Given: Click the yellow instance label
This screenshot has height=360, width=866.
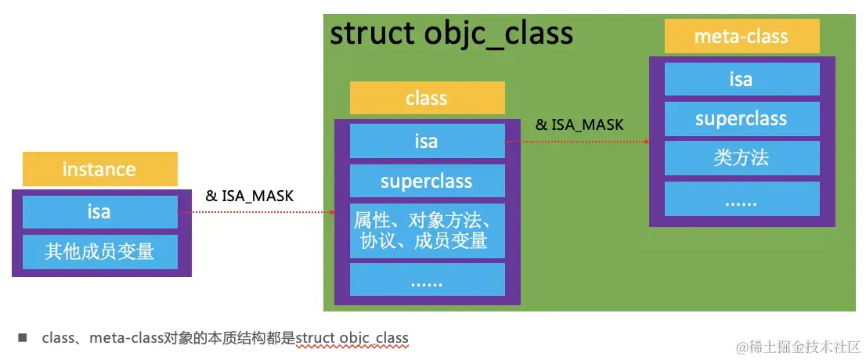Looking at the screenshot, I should pyautogui.click(x=99, y=169).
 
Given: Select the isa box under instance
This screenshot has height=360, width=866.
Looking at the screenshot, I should pyautogui.click(x=99, y=212).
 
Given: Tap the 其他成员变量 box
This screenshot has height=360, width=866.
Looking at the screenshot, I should pyautogui.click(x=99, y=251).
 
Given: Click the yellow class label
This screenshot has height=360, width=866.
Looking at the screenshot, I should pyautogui.click(x=427, y=98).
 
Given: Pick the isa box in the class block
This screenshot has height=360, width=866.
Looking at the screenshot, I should pyautogui.click(x=427, y=142).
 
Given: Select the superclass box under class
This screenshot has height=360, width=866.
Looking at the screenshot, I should pyautogui.click(x=427, y=182).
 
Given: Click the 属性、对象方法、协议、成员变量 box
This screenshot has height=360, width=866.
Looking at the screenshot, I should pyautogui.click(x=427, y=230).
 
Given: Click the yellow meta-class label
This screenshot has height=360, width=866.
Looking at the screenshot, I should pyautogui.click(x=742, y=37).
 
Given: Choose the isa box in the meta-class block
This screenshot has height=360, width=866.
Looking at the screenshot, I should pyautogui.click(x=742, y=79).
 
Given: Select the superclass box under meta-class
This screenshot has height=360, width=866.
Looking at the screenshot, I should pyautogui.click(x=742, y=119).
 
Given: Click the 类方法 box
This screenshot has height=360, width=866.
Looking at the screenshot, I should pyautogui.click(x=742, y=158).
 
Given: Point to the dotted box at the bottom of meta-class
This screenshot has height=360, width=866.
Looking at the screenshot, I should pyautogui.click(x=742, y=200).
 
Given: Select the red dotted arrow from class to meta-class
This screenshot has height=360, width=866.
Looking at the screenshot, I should pyautogui.click(x=576, y=142).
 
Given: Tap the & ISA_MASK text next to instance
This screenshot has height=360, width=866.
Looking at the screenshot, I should pyautogui.click(x=249, y=196).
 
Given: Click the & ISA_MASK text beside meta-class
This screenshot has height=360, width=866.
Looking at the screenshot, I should pyautogui.click(x=579, y=124).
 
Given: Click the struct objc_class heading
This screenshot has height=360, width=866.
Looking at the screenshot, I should pyautogui.click(x=452, y=34).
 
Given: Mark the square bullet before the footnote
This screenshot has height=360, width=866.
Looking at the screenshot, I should pyautogui.click(x=23, y=338).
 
